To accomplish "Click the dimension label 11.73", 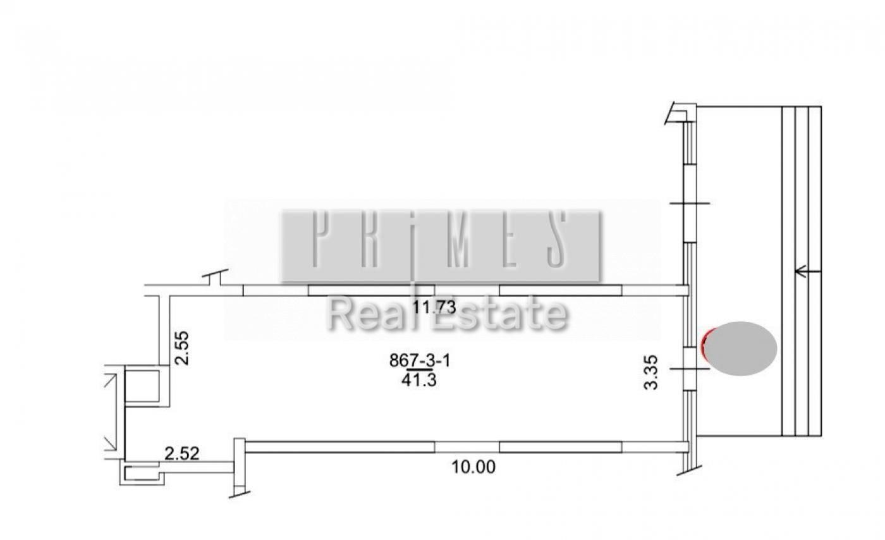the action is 434,307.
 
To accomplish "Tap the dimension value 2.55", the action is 182,348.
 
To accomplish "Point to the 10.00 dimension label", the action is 473,467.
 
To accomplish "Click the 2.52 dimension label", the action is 182,453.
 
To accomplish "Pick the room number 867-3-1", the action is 420,360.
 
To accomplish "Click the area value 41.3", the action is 418,380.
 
